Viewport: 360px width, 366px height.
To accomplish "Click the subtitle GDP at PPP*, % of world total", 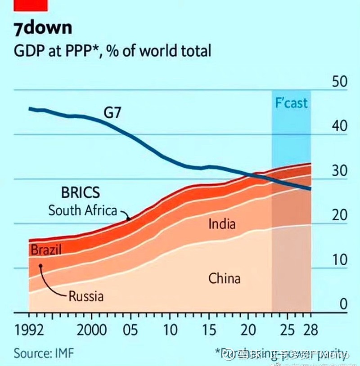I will pos(112,50).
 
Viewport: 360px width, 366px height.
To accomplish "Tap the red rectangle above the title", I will pos(31,5).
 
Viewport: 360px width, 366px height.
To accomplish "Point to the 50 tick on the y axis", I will pos(339,82).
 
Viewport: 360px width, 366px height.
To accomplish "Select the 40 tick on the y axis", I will pos(339,126).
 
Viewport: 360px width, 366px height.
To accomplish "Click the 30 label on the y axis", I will pos(339,171).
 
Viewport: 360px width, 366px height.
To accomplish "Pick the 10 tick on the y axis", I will pos(339,260).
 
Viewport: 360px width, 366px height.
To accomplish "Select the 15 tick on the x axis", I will pos(210,330).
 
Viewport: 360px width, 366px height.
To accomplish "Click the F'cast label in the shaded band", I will pos(291,103).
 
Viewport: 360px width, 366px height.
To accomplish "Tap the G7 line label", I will pos(112,112).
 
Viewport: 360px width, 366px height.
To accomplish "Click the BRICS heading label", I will pos(81,193).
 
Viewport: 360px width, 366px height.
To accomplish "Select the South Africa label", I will pos(82,210).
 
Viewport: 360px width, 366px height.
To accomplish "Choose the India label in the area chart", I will pos(222,223).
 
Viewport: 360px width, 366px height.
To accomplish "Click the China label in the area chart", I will pos(224,278).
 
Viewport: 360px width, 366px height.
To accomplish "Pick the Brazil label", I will pos(46,250).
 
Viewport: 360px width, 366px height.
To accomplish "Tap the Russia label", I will pos(86,296).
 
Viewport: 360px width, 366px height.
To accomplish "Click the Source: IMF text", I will pos(44,353).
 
